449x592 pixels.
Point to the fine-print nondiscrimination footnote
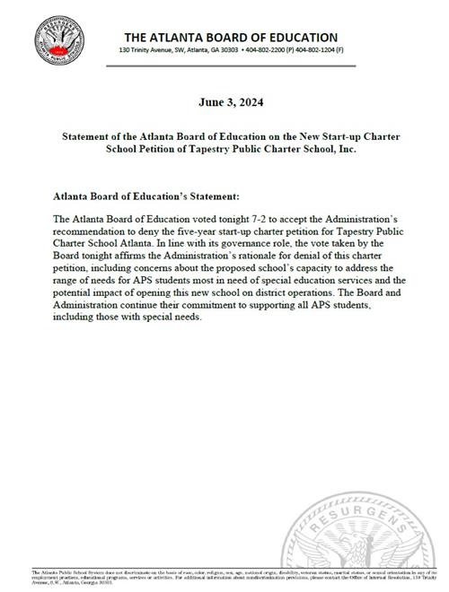224,578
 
